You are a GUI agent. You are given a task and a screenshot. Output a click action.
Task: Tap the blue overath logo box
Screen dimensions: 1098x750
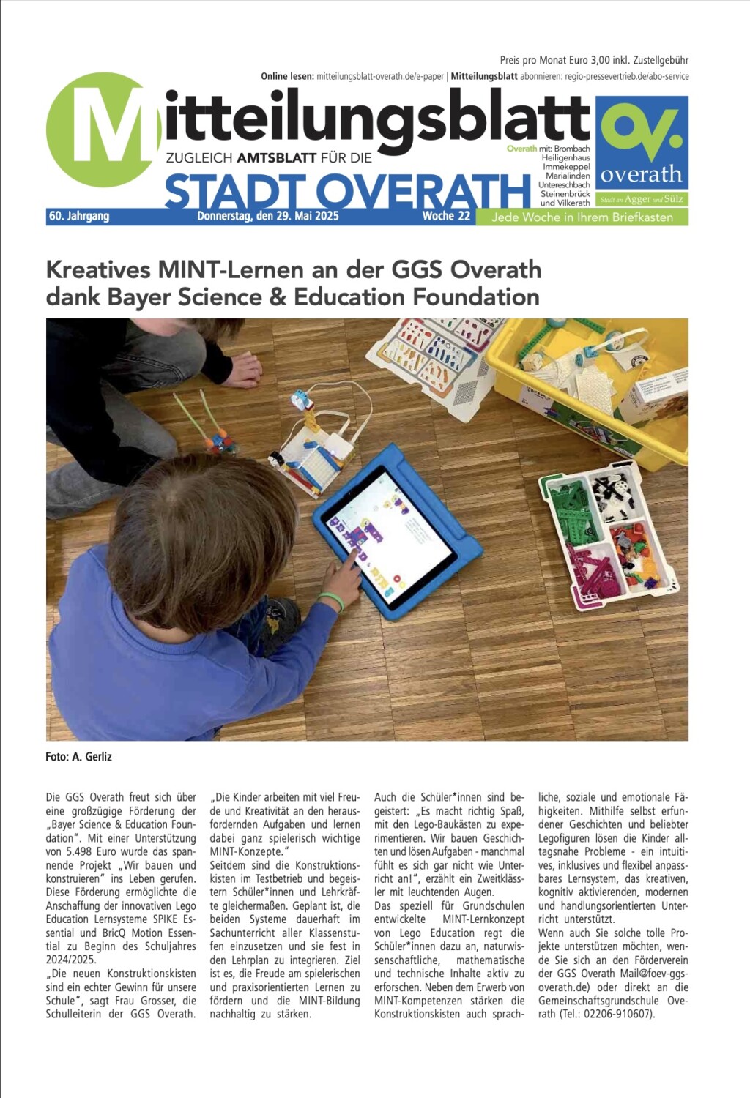(642, 143)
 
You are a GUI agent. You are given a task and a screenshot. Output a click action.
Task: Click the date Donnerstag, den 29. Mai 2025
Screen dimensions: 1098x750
(268, 216)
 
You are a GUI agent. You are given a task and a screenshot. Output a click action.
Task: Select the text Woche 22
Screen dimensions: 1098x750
(446, 216)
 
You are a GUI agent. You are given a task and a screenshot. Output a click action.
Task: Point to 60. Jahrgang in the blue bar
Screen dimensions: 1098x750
(79, 216)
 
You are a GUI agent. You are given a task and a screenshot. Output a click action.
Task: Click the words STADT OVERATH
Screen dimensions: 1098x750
(347, 192)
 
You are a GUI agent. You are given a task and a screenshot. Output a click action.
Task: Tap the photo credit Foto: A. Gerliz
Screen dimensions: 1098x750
(78, 757)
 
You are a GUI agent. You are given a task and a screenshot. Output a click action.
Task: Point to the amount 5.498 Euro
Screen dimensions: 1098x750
(97, 852)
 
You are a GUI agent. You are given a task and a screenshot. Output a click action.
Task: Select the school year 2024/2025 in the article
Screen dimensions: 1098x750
(70, 960)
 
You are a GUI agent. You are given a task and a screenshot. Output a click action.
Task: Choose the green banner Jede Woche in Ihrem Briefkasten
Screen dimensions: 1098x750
(582, 217)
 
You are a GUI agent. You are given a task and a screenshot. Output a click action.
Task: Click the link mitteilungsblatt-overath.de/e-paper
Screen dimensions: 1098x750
(380, 76)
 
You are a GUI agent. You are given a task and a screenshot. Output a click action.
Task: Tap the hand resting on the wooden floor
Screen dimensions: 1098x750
(242, 370)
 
